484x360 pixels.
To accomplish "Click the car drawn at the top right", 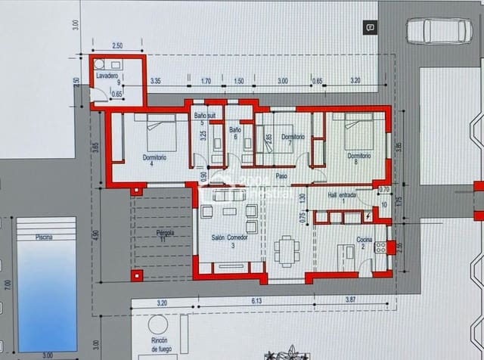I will tap(438, 31).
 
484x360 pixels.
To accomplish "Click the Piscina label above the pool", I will tap(44, 237).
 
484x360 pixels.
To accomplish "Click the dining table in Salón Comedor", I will tap(286, 250).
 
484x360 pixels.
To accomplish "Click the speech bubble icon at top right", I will tap(370, 27).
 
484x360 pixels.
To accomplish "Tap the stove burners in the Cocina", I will tap(391, 246).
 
